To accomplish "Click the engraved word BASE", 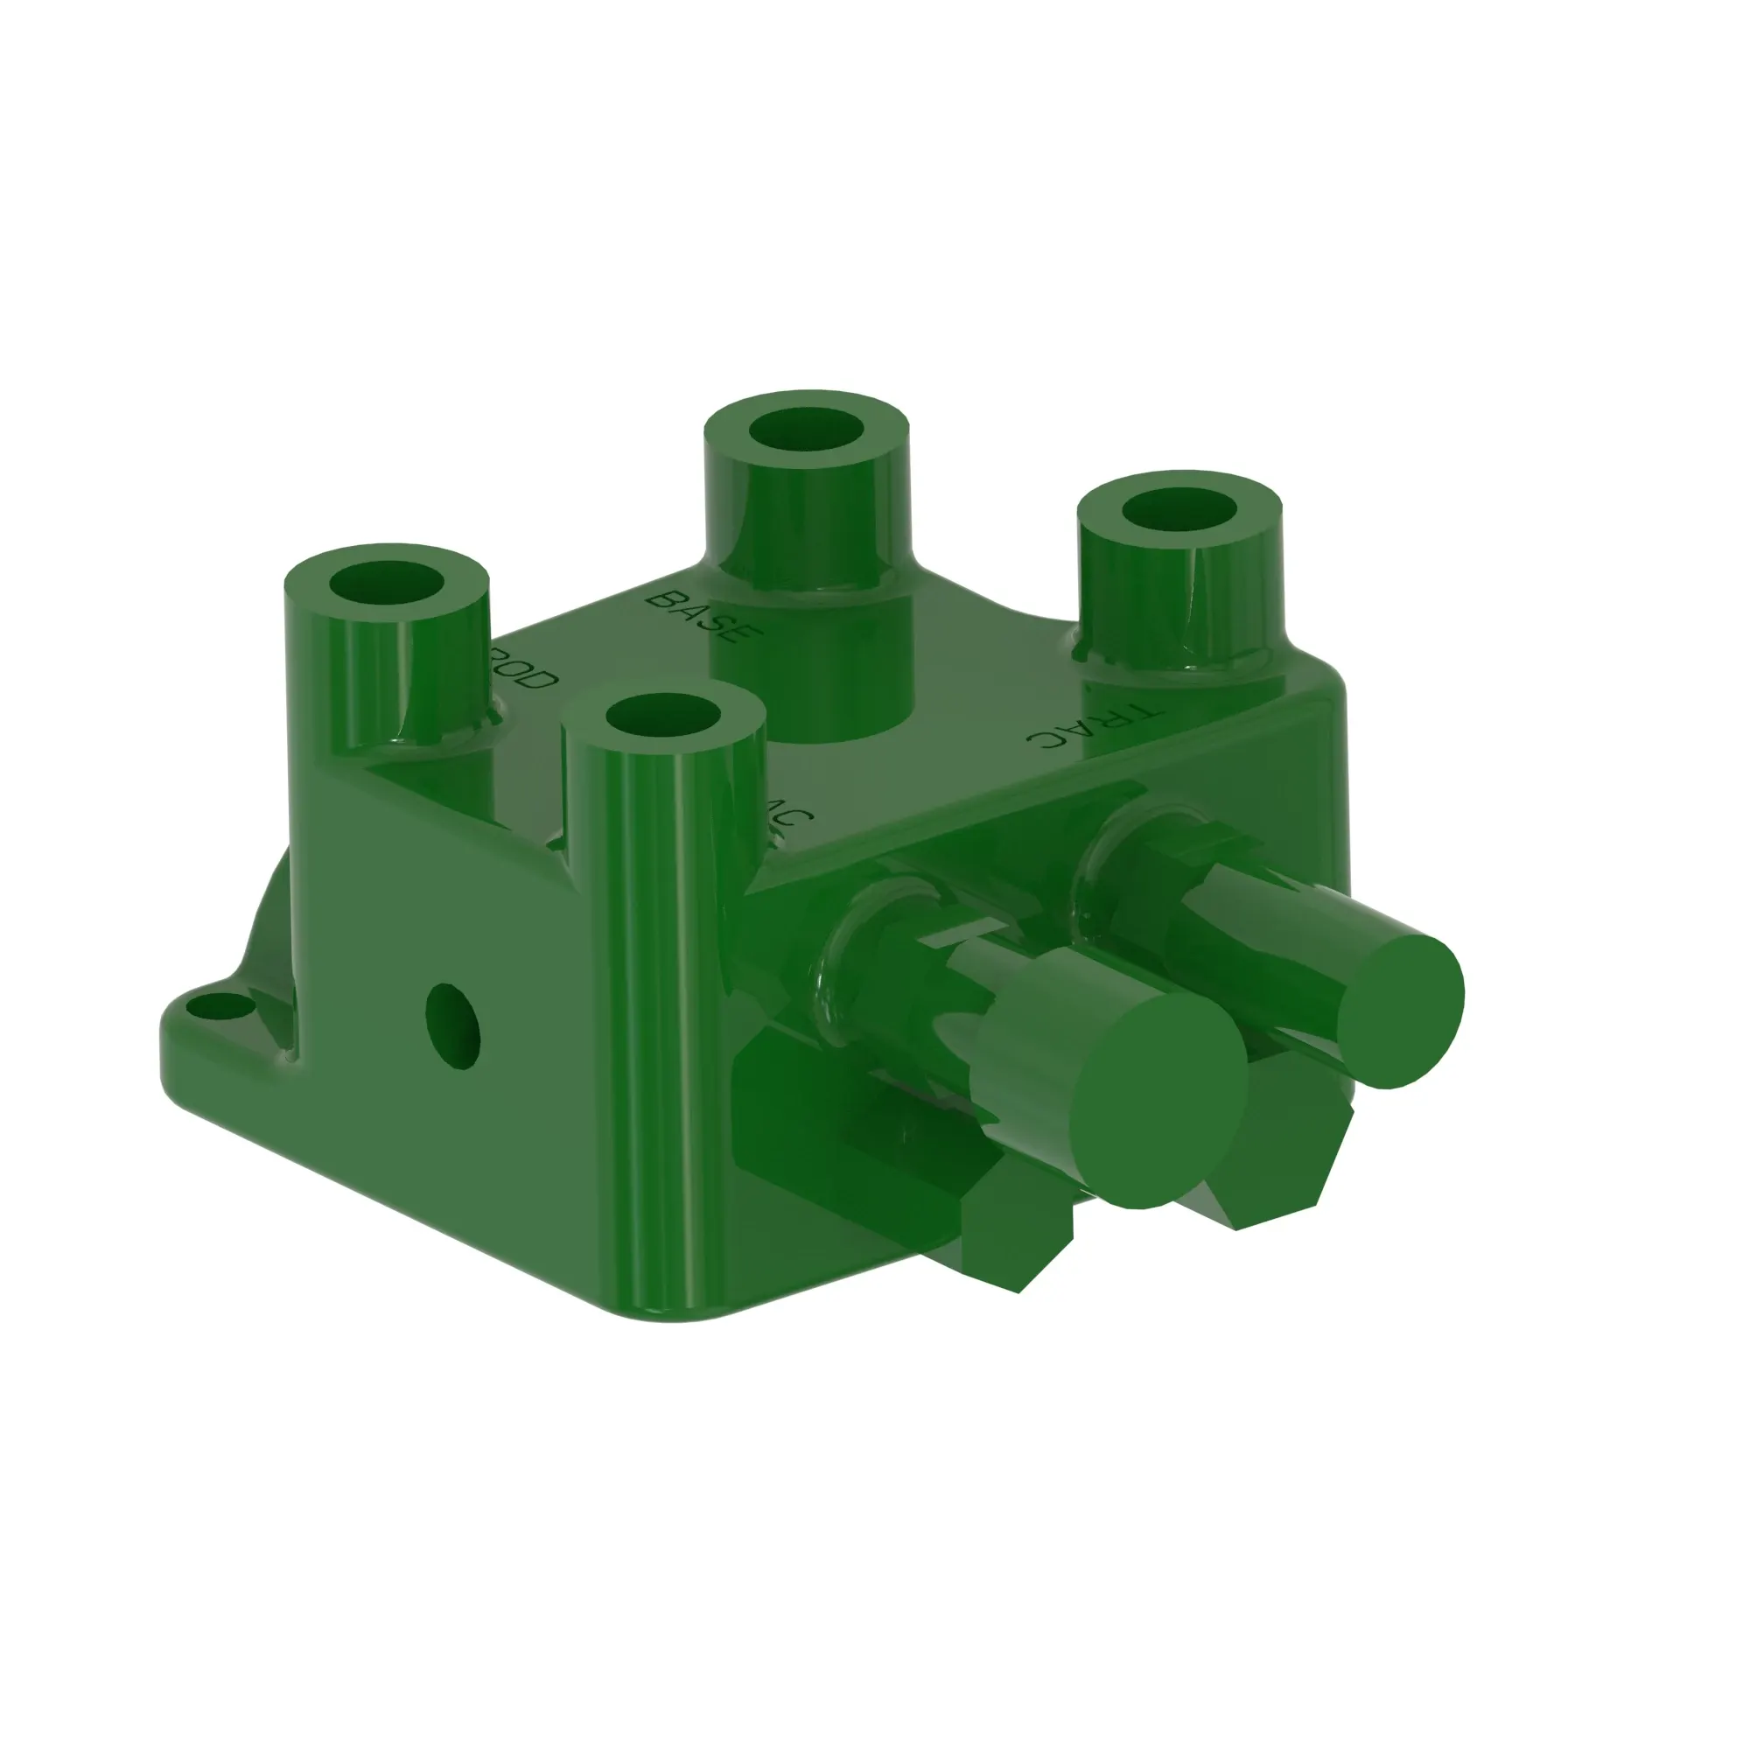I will click(698, 617).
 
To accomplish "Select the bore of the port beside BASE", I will click(806, 430).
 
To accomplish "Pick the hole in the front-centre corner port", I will click(663, 716).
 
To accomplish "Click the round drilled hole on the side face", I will click(452, 1025).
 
